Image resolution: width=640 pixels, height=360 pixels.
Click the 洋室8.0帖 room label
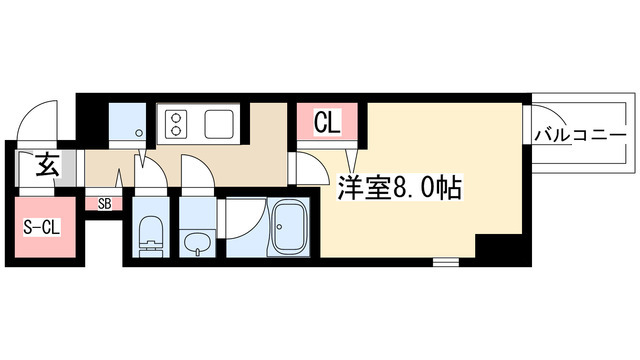click(399, 187)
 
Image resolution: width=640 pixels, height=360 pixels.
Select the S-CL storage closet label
click(42, 228)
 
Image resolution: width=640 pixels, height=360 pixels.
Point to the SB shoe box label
click(104, 204)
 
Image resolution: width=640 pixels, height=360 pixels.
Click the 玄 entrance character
click(48, 164)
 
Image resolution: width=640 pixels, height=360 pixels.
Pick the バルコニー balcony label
click(580, 136)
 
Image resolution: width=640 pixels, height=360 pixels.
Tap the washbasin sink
click(197, 242)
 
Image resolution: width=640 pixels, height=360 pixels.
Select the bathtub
click(289, 228)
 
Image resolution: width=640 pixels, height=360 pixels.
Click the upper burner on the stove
click(176, 118)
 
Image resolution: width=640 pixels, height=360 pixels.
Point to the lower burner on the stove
click(176, 131)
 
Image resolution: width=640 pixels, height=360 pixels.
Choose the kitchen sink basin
click(219, 124)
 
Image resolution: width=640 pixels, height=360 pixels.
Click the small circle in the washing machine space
click(139, 133)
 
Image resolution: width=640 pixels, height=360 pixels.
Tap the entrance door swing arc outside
click(31, 109)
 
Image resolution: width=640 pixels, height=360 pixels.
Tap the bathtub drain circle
click(280, 226)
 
